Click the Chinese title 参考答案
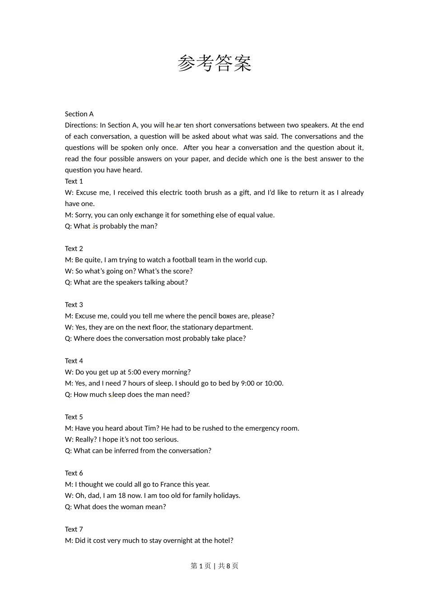click(x=214, y=63)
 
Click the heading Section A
click(x=79, y=114)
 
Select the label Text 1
click(x=74, y=181)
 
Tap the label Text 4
click(x=74, y=361)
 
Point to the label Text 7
click(x=74, y=529)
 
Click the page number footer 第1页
click(x=201, y=566)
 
